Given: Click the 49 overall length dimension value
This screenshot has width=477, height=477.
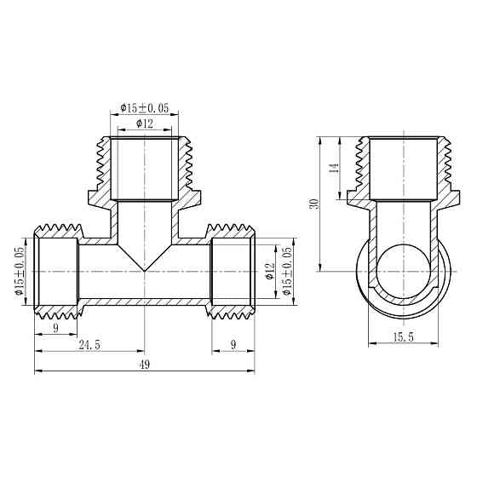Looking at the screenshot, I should [x=144, y=365].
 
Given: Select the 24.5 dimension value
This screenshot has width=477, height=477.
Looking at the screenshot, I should [x=90, y=345].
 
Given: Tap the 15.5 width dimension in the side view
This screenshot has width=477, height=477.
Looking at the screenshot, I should [x=405, y=338].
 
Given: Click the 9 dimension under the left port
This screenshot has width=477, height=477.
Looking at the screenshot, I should [x=56, y=326].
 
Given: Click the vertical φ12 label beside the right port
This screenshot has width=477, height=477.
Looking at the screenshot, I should [x=269, y=271].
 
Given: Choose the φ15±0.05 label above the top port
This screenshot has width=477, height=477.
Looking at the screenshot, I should [x=145, y=108].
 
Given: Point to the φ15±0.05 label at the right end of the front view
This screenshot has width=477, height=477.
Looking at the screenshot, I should [x=287, y=271].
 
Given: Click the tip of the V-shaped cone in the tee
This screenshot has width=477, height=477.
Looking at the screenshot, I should [x=145, y=271].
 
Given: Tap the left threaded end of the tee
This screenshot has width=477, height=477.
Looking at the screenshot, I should [x=56, y=271].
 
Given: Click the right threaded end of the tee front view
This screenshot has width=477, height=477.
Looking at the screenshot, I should [x=233, y=271].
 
